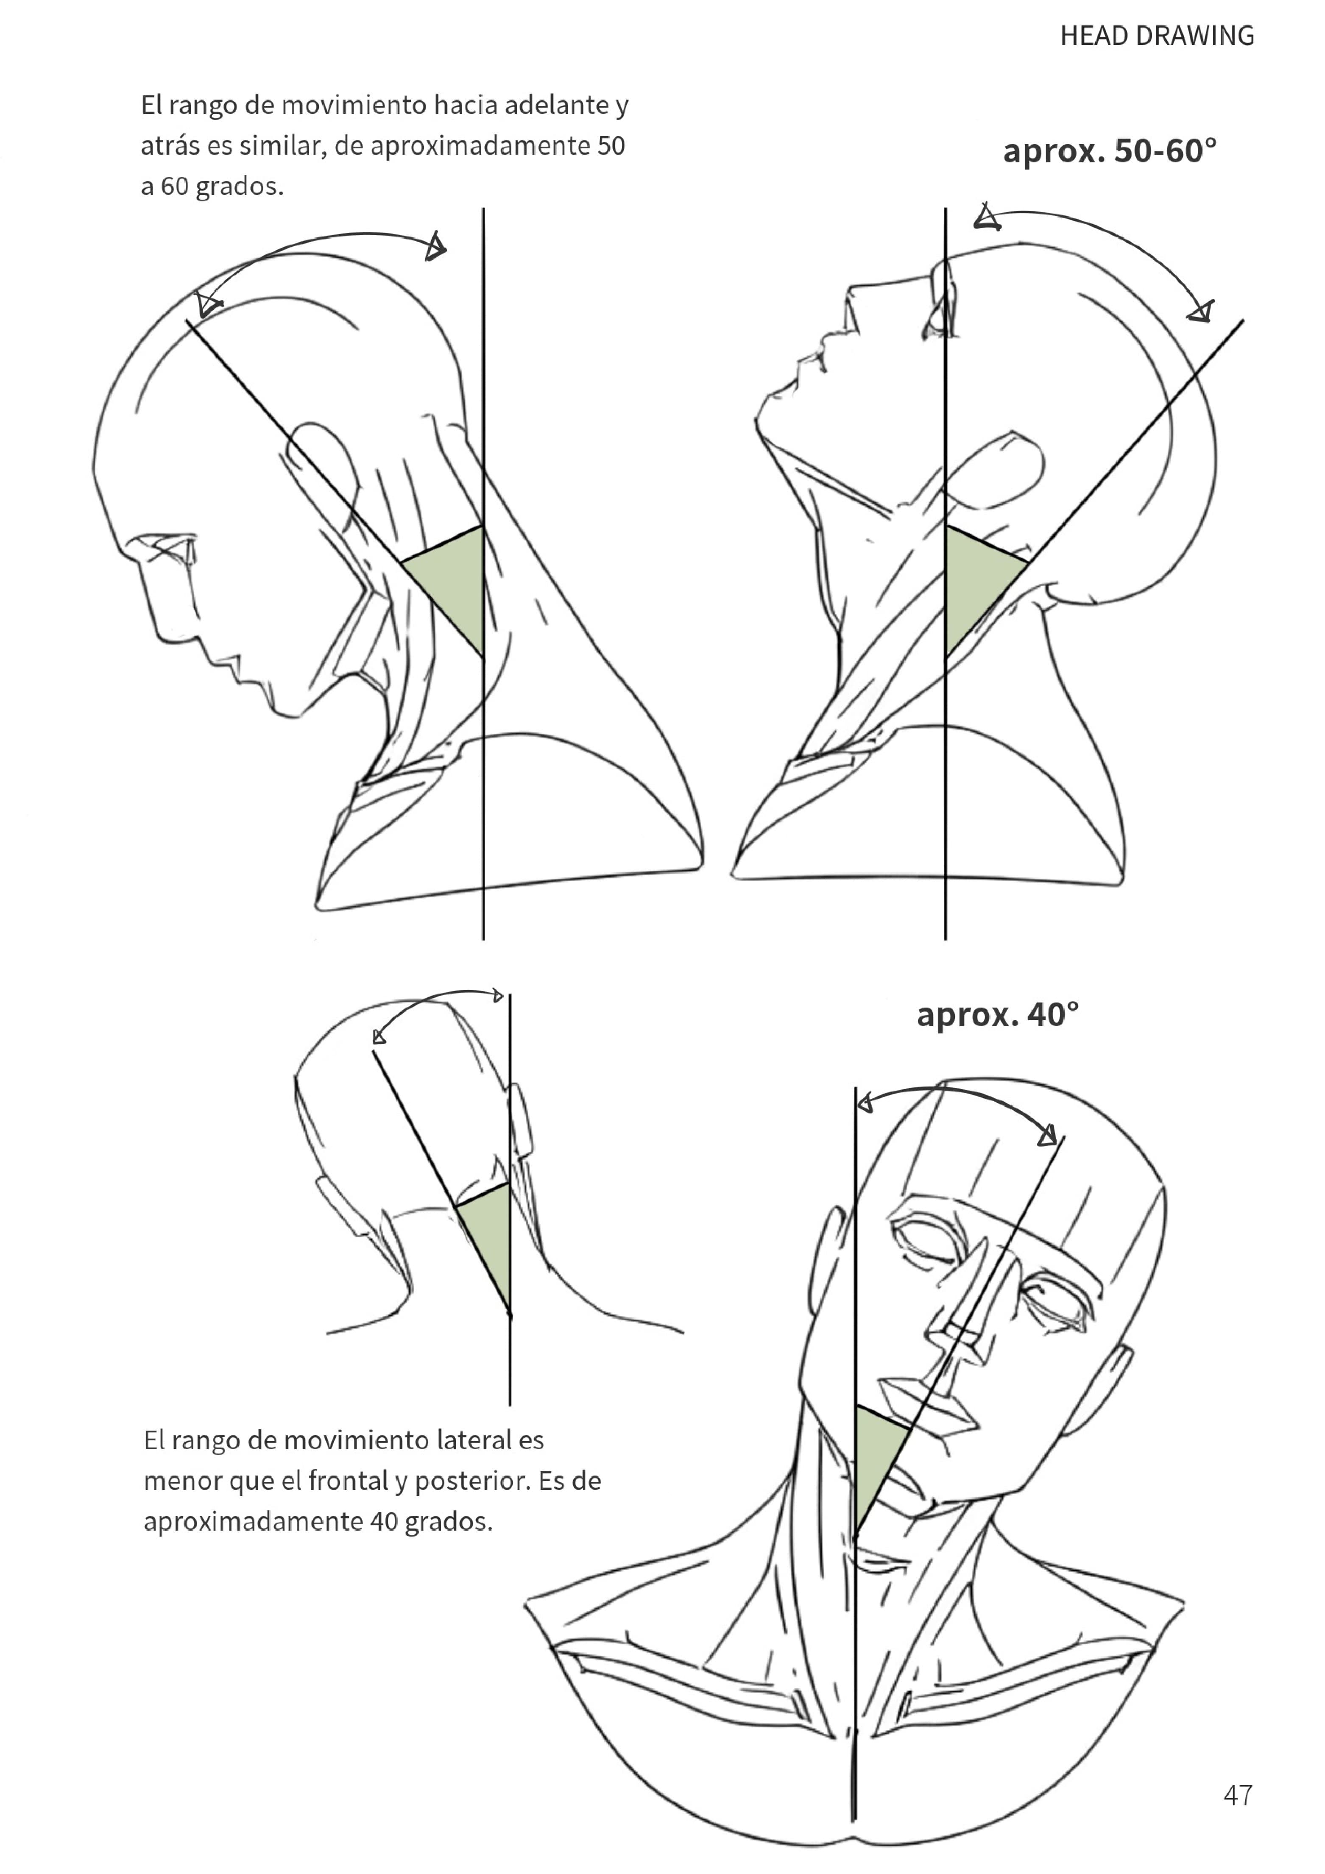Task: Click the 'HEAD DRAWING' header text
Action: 1157,36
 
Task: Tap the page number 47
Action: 1238,1795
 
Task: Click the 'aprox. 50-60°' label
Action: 1110,151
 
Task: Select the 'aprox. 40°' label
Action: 998,1014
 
